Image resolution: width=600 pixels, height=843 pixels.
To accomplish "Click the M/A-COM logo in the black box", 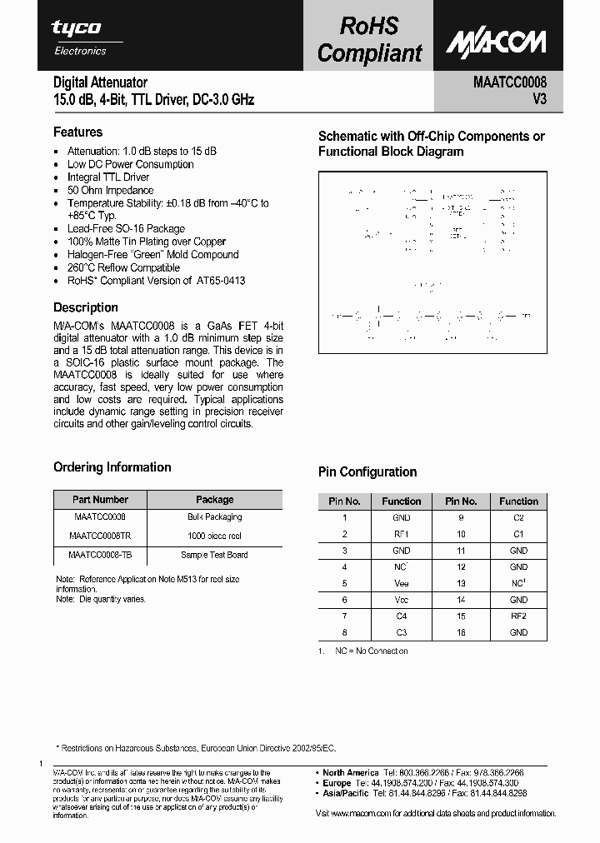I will pyautogui.click(x=495, y=42).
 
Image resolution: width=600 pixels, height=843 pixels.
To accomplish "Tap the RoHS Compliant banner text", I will pyautogui.click(x=369, y=40).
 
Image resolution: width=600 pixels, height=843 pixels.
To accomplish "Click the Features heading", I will pyautogui.click(x=77, y=132).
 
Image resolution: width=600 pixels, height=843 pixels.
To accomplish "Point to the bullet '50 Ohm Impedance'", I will pyautogui.click(x=110, y=190).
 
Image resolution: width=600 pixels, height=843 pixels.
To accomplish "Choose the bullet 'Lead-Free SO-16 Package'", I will pyautogui.click(x=126, y=228).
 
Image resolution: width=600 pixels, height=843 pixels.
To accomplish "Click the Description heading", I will pyautogui.click(x=86, y=307).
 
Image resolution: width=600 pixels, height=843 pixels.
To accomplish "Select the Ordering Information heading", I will pyautogui.click(x=112, y=467).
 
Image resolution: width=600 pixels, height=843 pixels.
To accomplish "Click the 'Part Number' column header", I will pyautogui.click(x=100, y=500).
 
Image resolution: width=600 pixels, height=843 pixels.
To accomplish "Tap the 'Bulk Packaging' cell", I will pyautogui.click(x=214, y=517).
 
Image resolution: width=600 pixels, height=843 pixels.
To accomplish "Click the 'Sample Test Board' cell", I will pyautogui.click(x=214, y=555).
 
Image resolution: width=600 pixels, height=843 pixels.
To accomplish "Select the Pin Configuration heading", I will pyautogui.click(x=367, y=471).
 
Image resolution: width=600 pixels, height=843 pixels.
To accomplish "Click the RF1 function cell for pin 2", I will pyautogui.click(x=401, y=534).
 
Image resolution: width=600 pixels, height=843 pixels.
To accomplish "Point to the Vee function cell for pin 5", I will pyautogui.click(x=401, y=583).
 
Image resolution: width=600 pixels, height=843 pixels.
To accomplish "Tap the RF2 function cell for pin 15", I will pyautogui.click(x=518, y=616).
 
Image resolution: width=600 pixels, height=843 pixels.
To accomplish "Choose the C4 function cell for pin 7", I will pyautogui.click(x=401, y=616).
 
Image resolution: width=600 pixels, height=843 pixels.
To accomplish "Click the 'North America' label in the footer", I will pyautogui.click(x=350, y=772).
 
